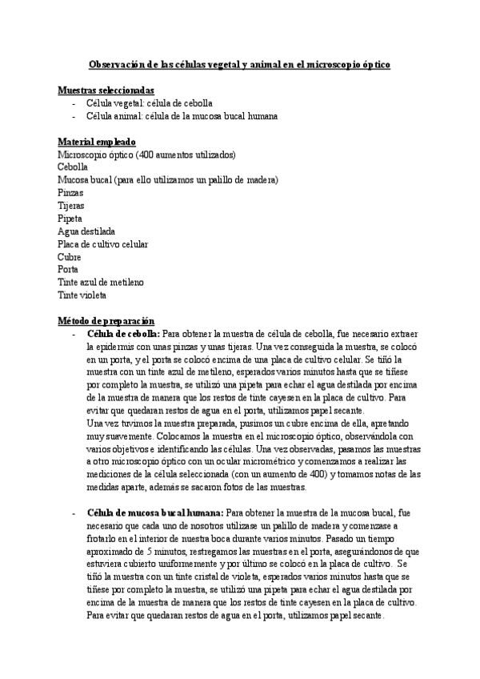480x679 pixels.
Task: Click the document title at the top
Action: [x=238, y=62]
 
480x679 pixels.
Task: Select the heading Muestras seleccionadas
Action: [x=106, y=91]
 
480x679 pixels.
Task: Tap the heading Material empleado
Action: [x=97, y=142]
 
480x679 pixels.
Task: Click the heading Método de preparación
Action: [x=106, y=320]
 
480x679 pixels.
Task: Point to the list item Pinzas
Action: [x=70, y=193]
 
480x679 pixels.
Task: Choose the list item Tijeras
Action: [x=71, y=206]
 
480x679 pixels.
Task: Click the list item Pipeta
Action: [x=70, y=219]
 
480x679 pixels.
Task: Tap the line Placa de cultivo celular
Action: [x=102, y=244]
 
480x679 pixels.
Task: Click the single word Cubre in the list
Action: [x=69, y=257]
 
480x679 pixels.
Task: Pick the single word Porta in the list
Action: [x=68, y=270]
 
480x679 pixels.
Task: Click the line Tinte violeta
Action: [x=82, y=295]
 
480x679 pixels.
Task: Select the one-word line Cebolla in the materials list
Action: [x=73, y=167]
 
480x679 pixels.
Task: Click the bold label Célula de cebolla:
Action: [x=122, y=334]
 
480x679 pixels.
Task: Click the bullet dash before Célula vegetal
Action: [x=74, y=104]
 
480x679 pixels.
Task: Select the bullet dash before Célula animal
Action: [x=74, y=117]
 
